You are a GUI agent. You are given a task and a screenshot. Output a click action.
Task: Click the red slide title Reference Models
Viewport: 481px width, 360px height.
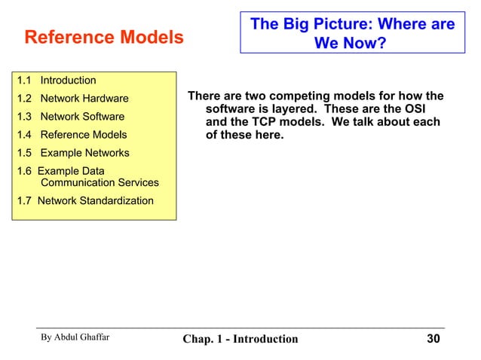(104, 37)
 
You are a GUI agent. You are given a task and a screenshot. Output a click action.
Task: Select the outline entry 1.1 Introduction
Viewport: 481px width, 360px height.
(57, 81)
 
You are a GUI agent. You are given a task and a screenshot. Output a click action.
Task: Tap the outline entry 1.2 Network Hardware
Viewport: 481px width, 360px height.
(72, 99)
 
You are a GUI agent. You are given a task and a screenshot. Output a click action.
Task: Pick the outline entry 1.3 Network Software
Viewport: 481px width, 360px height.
(70, 117)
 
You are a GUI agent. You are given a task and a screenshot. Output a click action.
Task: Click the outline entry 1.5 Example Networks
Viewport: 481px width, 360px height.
(72, 153)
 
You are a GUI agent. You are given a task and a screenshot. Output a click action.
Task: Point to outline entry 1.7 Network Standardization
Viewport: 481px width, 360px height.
(84, 200)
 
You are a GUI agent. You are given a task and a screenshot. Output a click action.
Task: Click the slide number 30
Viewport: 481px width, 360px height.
(433, 339)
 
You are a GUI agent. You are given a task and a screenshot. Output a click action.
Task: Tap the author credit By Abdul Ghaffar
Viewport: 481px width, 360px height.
(75, 337)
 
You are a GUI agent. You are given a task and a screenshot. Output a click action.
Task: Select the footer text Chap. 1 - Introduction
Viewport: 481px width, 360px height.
(240, 339)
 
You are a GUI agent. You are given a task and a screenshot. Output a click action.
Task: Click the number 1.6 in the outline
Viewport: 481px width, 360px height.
(24, 171)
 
